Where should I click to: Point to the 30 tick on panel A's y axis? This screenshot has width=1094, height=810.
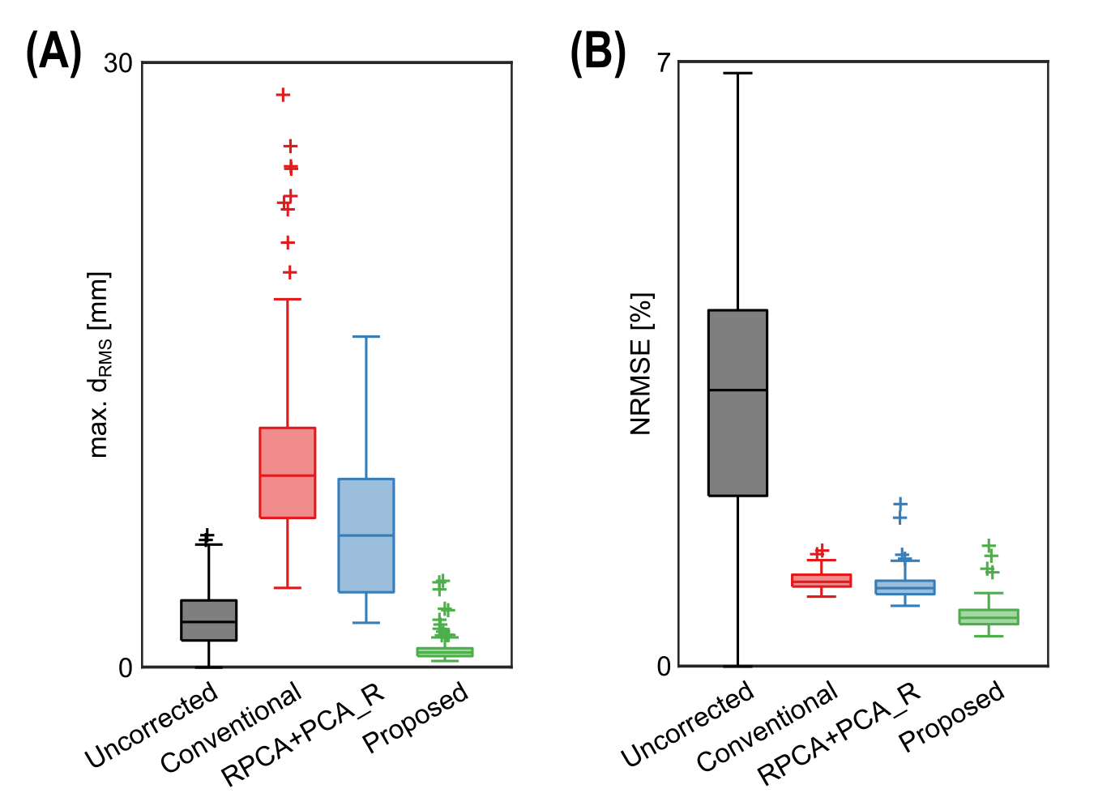(x=118, y=63)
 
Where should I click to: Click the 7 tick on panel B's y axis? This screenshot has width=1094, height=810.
(x=664, y=62)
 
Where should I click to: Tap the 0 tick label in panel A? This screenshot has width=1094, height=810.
(x=125, y=667)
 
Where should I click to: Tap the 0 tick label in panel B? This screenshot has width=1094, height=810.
(x=664, y=666)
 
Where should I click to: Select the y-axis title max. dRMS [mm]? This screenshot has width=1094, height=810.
(x=100, y=364)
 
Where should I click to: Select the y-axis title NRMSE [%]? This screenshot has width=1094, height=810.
(x=641, y=364)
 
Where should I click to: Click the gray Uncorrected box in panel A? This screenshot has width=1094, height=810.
(x=208, y=620)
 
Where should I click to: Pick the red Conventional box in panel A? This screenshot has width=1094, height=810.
(x=287, y=472)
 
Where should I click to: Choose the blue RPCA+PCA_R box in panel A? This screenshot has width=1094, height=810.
(x=366, y=535)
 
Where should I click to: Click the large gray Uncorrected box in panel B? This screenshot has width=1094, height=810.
(x=737, y=403)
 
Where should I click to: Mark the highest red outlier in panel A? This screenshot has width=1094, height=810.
(x=283, y=95)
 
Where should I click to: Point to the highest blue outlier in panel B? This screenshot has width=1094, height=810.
(x=900, y=504)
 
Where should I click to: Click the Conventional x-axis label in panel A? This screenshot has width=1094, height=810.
(x=231, y=727)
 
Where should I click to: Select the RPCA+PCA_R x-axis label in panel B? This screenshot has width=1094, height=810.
(x=840, y=734)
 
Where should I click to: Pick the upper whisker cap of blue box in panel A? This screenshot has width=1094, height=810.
(x=366, y=336)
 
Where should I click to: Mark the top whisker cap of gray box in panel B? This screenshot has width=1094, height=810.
(x=737, y=73)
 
